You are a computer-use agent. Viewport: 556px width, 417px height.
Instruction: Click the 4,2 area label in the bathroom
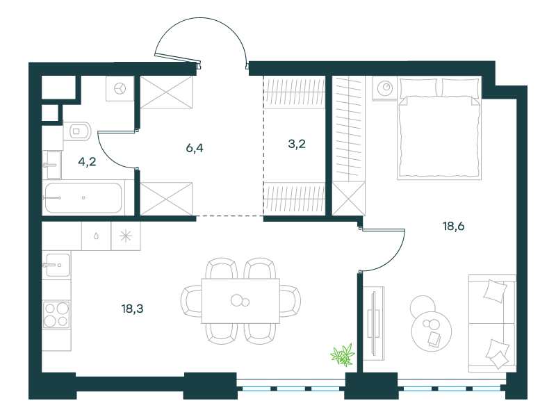[87, 162]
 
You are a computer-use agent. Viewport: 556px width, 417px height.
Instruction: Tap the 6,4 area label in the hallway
[195, 148]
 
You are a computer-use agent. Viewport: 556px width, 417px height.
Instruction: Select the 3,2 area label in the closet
[297, 144]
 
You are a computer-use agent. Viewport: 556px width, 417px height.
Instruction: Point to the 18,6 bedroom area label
[454, 226]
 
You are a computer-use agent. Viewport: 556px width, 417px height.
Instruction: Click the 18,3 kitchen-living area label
[132, 309]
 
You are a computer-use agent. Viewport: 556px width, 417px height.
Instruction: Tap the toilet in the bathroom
[77, 131]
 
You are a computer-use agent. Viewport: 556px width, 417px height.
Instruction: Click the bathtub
[83, 197]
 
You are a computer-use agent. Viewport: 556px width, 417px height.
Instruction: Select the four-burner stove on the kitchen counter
[56, 315]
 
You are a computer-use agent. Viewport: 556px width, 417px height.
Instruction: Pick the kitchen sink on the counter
[56, 265]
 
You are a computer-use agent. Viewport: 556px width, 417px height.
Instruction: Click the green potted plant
[343, 355]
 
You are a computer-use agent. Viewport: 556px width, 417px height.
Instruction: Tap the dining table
[240, 301]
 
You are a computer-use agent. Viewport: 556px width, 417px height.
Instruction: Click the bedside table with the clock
[385, 89]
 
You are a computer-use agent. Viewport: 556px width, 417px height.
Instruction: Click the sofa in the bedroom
[492, 323]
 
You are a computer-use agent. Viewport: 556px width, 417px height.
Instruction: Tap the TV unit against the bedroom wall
[374, 323]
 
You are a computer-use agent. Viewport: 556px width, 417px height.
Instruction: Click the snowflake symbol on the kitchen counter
[126, 236]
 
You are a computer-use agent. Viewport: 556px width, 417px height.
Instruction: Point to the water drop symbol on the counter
[96, 236]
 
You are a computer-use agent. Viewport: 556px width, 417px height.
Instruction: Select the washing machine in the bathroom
[120, 88]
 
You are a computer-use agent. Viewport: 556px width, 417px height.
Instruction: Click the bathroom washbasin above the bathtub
[51, 165]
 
